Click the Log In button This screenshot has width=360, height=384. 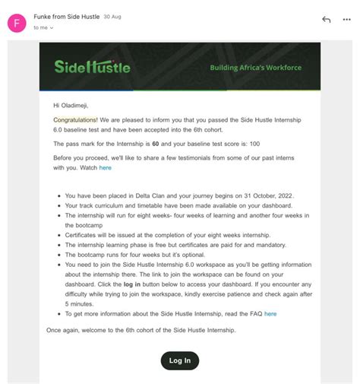pos(180,360)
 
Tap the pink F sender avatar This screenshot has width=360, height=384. pos(17,23)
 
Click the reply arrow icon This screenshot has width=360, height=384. pos(326,19)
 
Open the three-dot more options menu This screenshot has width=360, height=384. pos(349,19)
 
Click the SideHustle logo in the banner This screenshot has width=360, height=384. pos(92,66)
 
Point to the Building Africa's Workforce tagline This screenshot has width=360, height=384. pos(255,68)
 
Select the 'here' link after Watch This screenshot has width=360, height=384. pos(105,168)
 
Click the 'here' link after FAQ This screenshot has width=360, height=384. pos(270,313)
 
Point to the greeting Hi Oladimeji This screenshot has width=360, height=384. pos(76,105)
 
